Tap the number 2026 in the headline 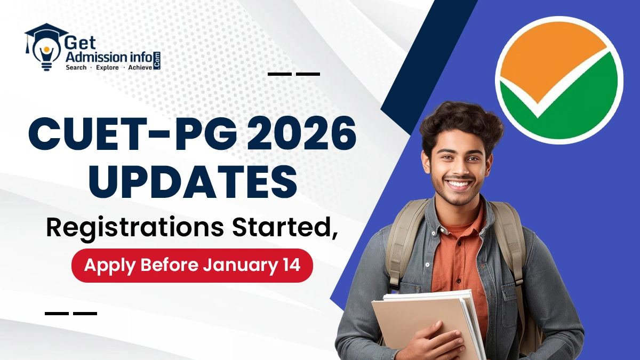(302, 134)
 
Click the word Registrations (135, 229)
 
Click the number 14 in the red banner (290, 265)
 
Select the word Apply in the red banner (110, 266)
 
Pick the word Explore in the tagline (107, 68)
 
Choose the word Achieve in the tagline (140, 67)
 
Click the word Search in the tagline (76, 67)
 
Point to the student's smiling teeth (459, 183)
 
